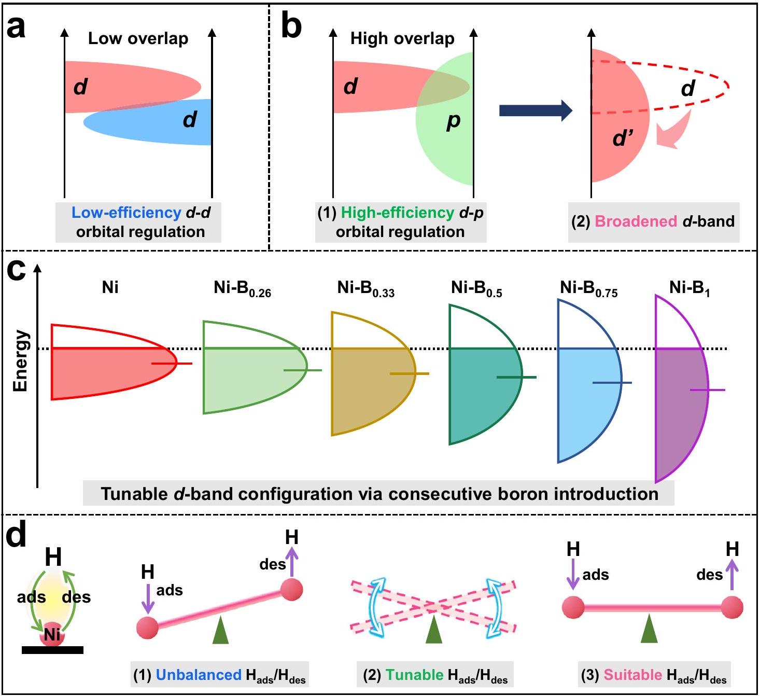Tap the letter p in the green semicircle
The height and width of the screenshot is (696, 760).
coord(454,121)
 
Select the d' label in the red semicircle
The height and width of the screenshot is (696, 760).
coord(623,138)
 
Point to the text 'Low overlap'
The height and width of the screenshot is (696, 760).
coord(138,38)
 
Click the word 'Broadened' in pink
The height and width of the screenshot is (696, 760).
coord(636,221)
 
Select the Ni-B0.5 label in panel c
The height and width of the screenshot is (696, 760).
coord(476,288)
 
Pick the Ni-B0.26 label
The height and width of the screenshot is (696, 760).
coord(242,288)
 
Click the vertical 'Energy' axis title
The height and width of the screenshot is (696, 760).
coord(21,360)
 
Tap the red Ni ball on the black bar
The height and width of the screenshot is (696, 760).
coord(52,634)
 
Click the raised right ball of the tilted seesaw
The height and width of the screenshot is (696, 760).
coord(291,590)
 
